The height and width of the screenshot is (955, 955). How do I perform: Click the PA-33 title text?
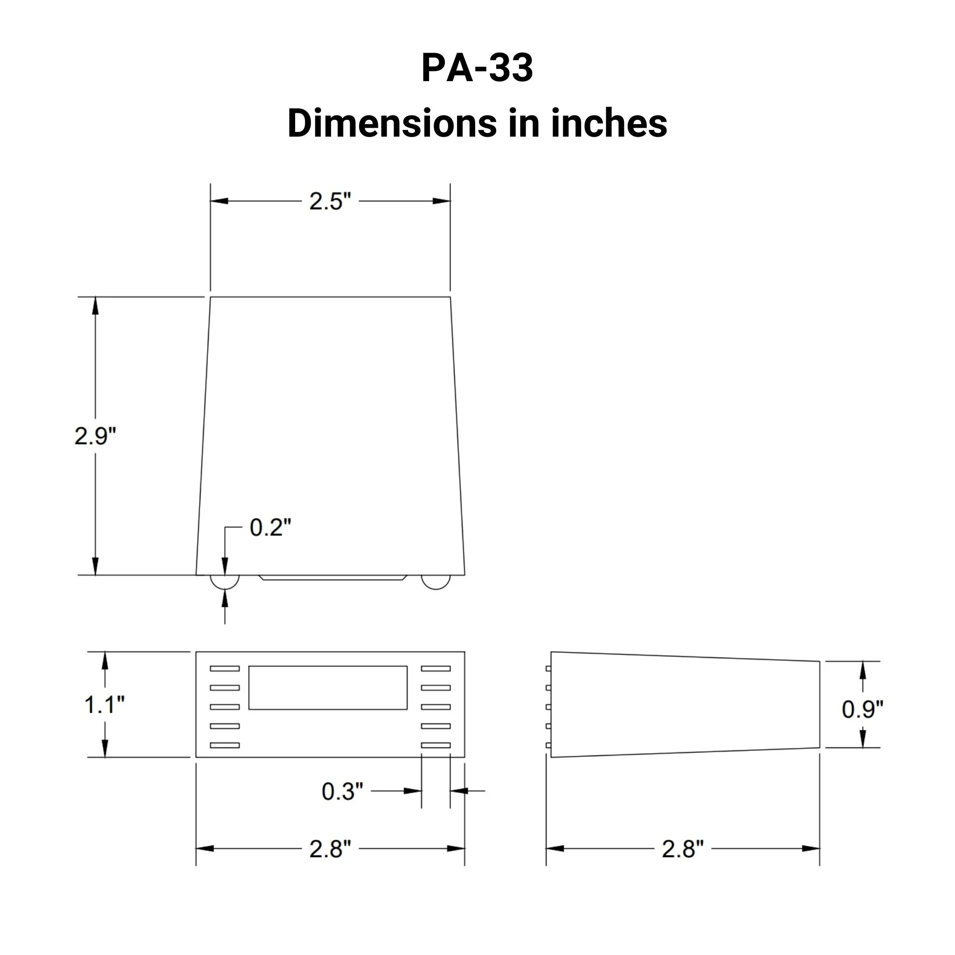pyautogui.click(x=477, y=68)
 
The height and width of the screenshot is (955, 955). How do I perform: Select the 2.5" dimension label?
pyautogui.click(x=330, y=201)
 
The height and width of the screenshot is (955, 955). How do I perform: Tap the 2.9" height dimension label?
pyautogui.click(x=95, y=436)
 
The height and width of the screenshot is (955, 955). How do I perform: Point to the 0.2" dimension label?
pyautogui.click(x=270, y=527)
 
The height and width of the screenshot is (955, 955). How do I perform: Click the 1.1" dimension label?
pyautogui.click(x=104, y=705)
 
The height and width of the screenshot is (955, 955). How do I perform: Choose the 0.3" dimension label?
pyautogui.click(x=342, y=791)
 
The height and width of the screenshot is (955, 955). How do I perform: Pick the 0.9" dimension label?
pyautogui.click(x=862, y=709)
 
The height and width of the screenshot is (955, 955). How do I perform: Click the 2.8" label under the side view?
pyautogui.click(x=682, y=849)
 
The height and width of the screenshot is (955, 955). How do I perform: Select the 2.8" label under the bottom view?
pyautogui.click(x=330, y=849)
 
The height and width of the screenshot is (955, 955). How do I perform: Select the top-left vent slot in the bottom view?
pyautogui.click(x=225, y=669)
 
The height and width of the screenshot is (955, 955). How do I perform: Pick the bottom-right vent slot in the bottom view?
pyautogui.click(x=436, y=745)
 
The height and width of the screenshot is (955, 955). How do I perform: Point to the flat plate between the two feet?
pyautogui.click(x=332, y=577)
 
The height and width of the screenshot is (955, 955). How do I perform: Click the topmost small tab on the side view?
pyautogui.click(x=548, y=669)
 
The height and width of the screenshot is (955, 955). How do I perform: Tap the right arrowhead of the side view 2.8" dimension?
pyautogui.click(x=811, y=849)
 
